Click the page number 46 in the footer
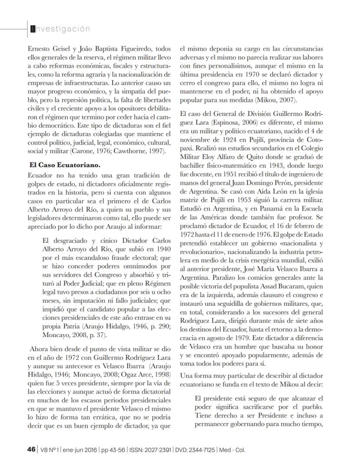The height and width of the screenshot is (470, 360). (31, 449)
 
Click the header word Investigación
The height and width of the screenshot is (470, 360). (60, 29)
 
